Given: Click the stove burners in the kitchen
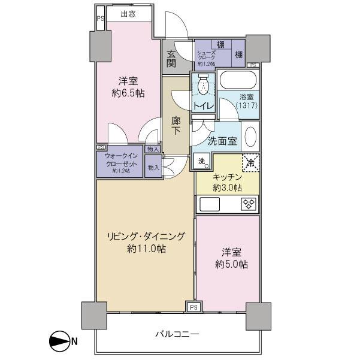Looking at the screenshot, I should click(248, 204).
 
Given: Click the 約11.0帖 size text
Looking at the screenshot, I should click(146, 249).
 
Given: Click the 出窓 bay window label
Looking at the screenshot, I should click(126, 14).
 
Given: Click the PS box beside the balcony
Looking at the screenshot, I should click(193, 307).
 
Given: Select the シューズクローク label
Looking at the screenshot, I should click(207, 56).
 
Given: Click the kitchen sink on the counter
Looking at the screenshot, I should click(211, 204).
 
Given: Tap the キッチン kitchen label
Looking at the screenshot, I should click(228, 177).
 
